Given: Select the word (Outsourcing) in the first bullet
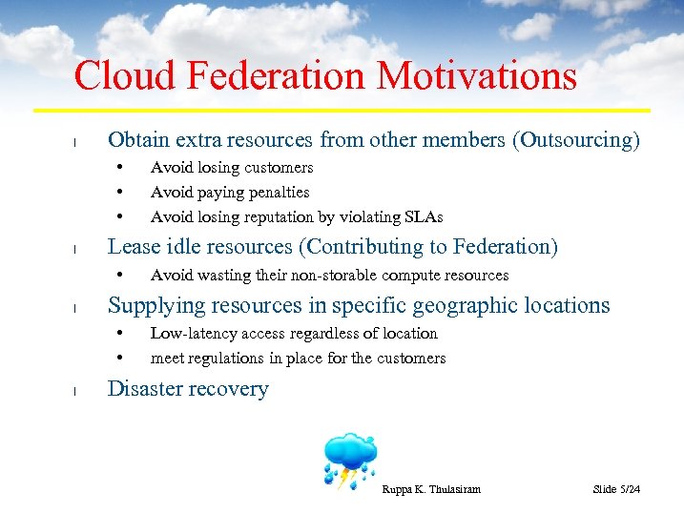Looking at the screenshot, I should click(x=576, y=140).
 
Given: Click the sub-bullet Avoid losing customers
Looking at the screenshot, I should click(x=232, y=168).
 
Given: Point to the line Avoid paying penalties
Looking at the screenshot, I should click(x=230, y=192).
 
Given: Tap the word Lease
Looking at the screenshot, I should click(x=133, y=247).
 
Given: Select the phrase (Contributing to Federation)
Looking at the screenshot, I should click(x=428, y=247).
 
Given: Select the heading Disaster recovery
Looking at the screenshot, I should click(x=188, y=389).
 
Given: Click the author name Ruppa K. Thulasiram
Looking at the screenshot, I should click(x=430, y=489).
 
